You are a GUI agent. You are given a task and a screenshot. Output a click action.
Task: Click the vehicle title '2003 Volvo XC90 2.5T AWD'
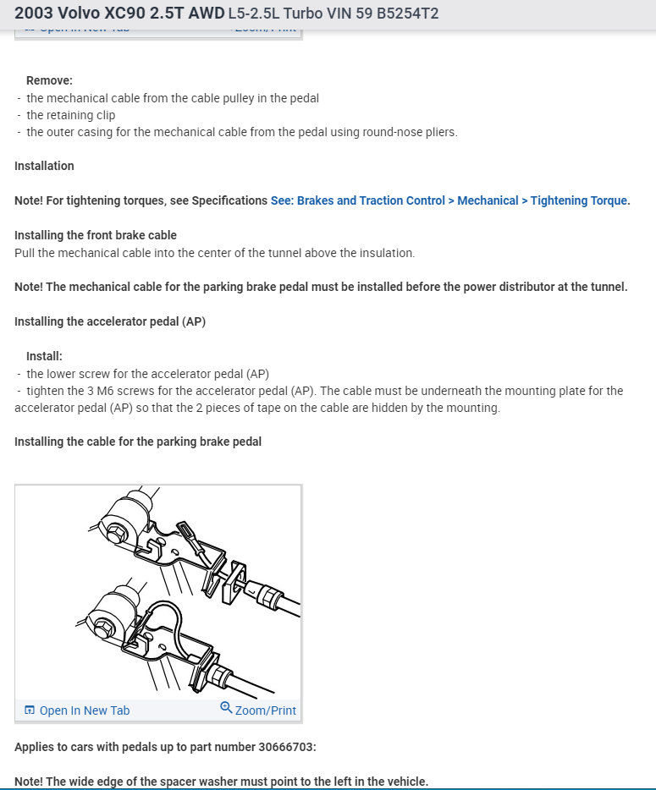[119, 14]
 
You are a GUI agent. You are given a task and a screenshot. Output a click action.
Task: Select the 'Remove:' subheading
[49, 80]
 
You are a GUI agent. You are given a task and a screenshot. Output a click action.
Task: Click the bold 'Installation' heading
[44, 166]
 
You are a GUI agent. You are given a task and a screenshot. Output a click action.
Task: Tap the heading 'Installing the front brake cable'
[96, 234]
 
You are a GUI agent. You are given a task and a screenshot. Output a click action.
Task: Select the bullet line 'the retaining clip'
[70, 115]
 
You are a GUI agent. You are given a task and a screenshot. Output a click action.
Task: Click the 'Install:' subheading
[44, 356]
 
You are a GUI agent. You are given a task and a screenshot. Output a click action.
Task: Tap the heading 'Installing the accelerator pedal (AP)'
[110, 321]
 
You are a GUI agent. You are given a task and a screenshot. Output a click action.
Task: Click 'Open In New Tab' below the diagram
[84, 710]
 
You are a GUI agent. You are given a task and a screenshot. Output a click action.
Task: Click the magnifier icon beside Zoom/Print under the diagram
[226, 708]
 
